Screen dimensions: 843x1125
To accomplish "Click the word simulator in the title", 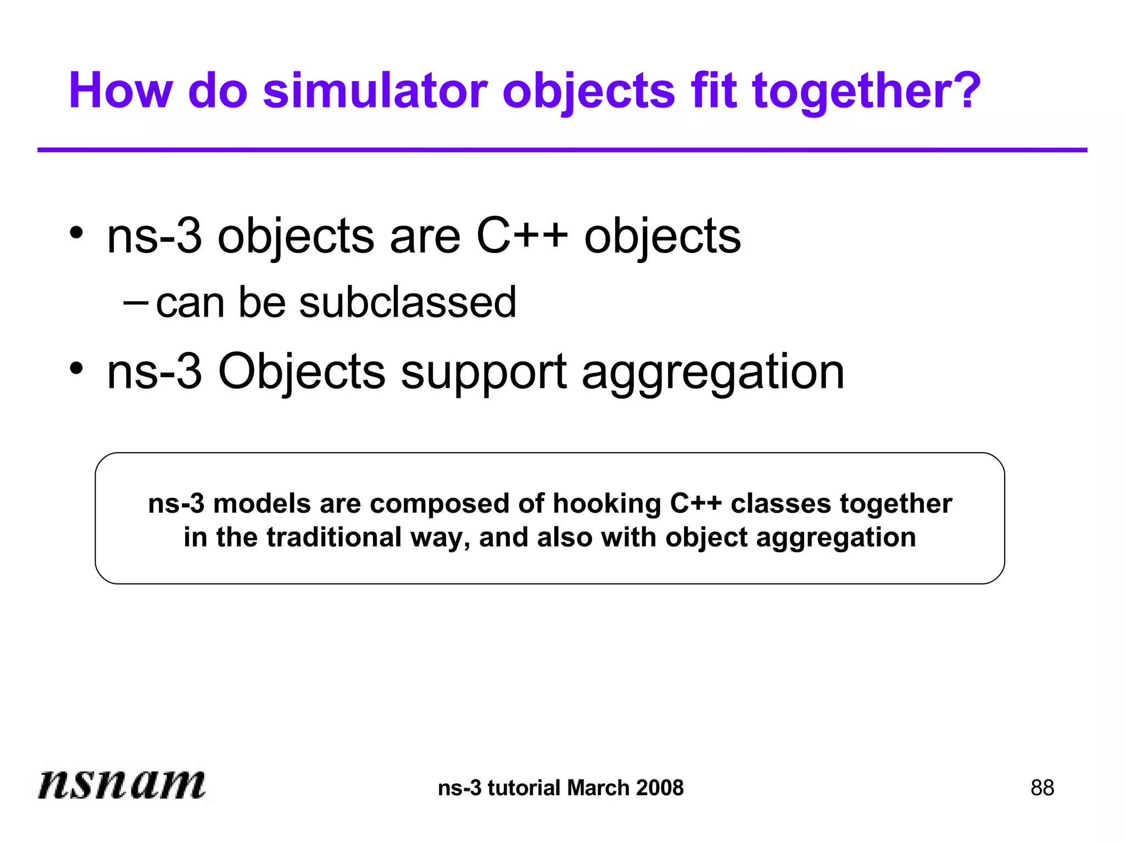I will (x=375, y=91).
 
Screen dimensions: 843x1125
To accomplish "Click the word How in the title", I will (x=121, y=91).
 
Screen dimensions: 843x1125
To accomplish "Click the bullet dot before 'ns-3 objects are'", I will (x=76, y=233).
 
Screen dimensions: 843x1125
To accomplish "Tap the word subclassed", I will (x=408, y=303).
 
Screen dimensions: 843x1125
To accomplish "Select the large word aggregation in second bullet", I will (x=712, y=373).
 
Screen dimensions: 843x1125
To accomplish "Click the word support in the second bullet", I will (x=483, y=373).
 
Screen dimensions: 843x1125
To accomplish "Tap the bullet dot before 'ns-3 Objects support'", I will (x=76, y=368).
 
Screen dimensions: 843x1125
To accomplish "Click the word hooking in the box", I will (x=606, y=504).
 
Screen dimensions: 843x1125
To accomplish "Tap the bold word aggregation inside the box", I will (x=836, y=538).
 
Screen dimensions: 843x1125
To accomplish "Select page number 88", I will (x=1042, y=788).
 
